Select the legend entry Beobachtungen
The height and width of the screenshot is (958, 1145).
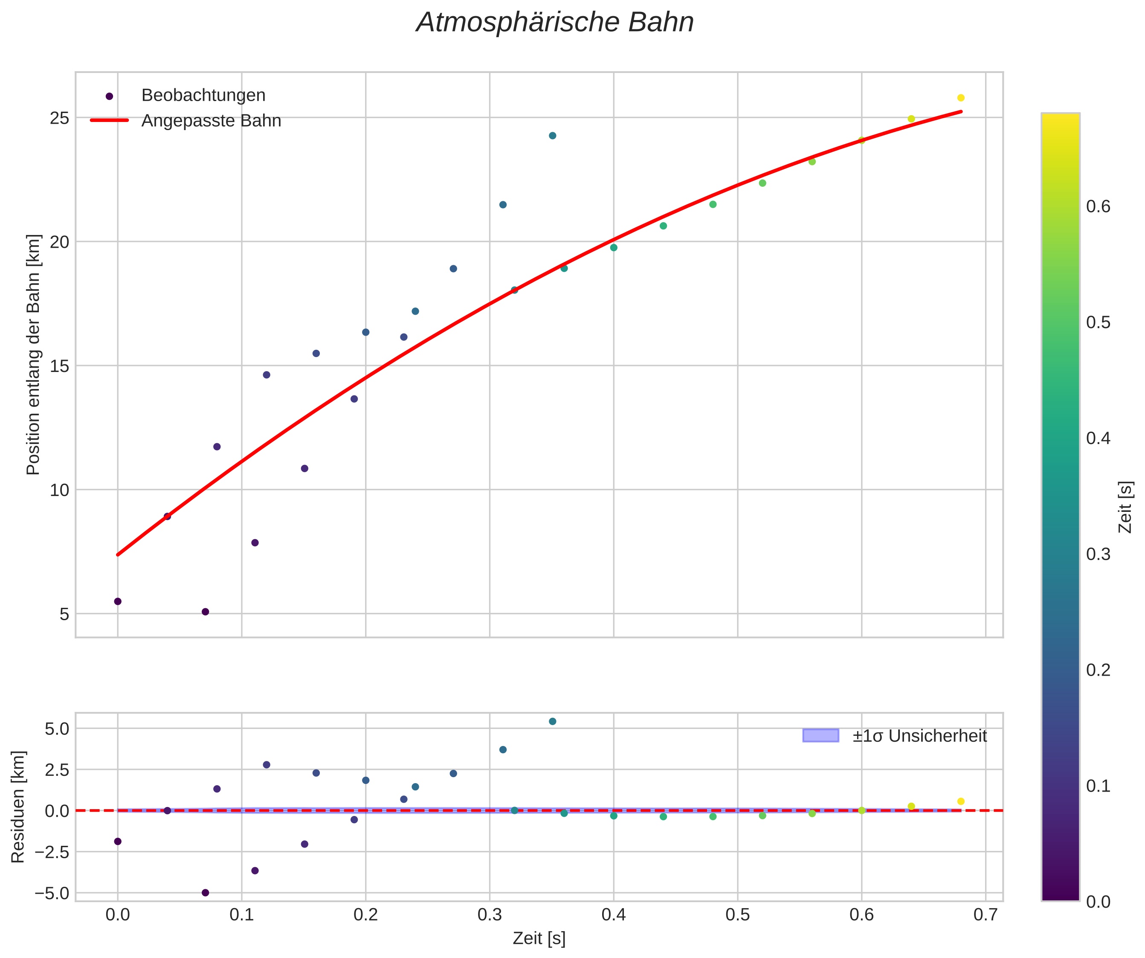203,96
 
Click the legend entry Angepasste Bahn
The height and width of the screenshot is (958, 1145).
211,121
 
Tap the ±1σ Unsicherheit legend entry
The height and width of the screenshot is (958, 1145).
919,736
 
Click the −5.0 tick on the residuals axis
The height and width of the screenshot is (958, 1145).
52,893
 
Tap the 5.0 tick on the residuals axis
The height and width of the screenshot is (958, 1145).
57,729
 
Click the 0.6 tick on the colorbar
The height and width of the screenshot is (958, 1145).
1098,206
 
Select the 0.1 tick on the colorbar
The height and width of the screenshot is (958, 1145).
1098,786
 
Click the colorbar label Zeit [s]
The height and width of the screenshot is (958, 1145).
1125,507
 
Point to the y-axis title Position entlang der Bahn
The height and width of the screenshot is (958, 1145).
33,354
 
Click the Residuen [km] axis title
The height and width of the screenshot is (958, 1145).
18,807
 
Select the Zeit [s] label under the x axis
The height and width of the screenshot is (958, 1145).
539,938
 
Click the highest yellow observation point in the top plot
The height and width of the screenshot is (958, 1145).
961,98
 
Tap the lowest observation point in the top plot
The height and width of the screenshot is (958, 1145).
206,612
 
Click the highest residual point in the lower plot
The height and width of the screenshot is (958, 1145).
552,721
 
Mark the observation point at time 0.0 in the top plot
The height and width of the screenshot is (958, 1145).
118,601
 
